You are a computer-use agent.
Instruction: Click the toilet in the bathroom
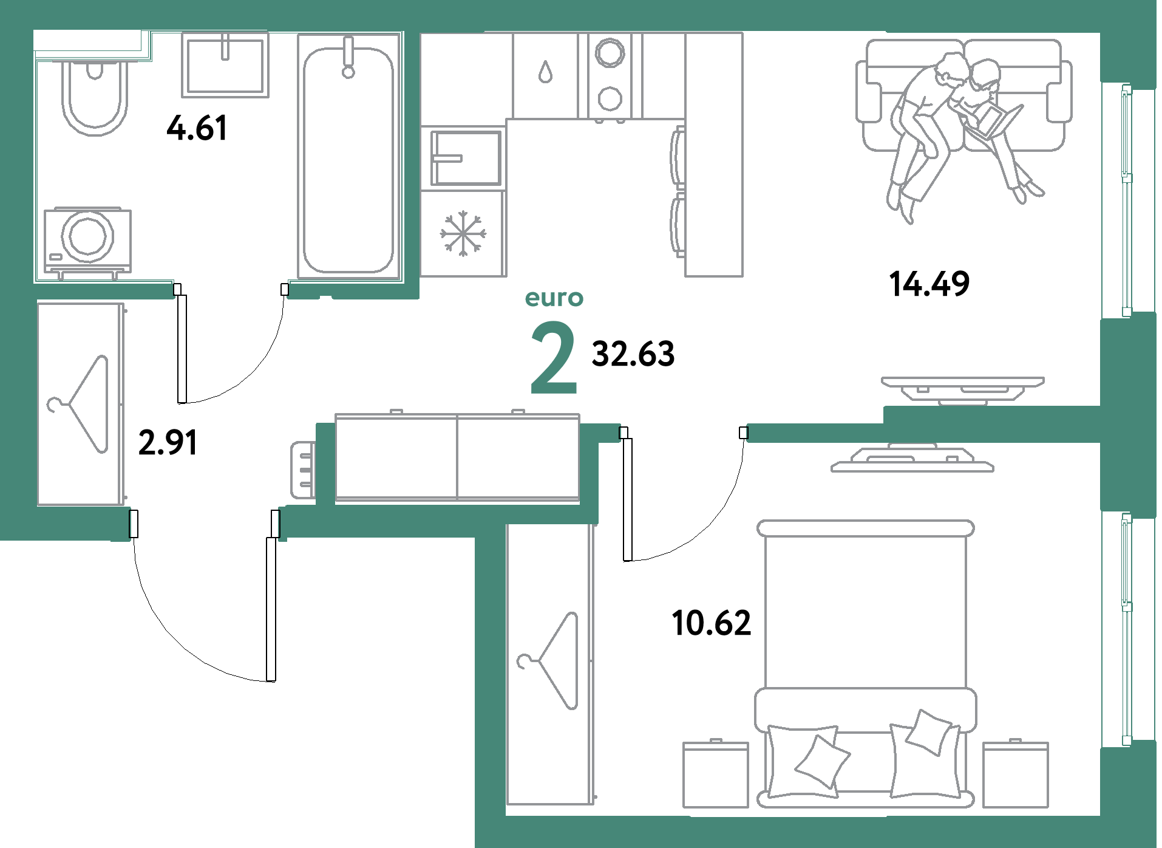(95, 97)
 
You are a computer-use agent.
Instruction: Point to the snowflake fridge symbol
(463, 233)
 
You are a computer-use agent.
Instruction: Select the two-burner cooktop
(610, 75)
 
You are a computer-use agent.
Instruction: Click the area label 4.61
(197, 128)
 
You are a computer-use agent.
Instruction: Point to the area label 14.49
(929, 284)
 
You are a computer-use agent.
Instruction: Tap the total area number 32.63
(633, 354)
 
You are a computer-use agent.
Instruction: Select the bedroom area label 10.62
(712, 623)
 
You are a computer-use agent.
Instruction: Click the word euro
(554, 298)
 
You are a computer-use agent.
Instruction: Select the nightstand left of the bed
(715, 774)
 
